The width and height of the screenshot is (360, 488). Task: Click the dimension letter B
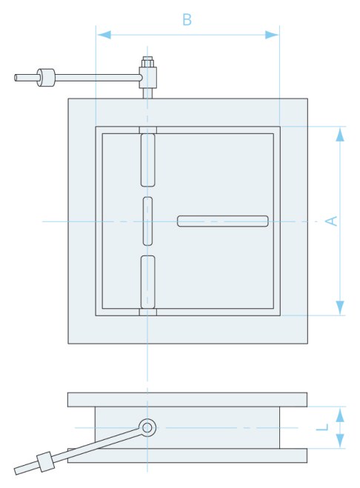(x=187, y=19)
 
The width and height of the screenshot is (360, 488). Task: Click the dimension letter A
(x=331, y=221)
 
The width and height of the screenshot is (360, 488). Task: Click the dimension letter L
(x=322, y=427)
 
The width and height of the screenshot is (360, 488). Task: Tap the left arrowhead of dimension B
(x=104, y=35)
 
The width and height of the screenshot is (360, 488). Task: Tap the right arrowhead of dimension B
(x=272, y=35)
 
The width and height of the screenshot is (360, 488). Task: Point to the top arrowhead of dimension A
(x=340, y=134)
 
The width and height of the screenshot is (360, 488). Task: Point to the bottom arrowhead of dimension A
(x=340, y=307)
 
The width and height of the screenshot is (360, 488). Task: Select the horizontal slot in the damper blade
(x=223, y=221)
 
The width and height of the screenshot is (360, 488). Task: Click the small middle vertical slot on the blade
(x=148, y=221)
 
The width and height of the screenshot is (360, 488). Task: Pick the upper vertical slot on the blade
(x=148, y=160)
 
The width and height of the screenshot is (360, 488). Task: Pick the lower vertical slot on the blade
(x=148, y=282)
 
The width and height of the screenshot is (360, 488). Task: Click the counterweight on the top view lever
(x=46, y=78)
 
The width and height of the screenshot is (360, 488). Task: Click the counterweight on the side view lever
(x=45, y=462)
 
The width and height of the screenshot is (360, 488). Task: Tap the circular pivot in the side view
(x=147, y=427)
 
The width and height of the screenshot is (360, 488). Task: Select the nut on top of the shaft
(x=147, y=61)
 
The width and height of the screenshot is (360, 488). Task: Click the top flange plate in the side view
(x=187, y=400)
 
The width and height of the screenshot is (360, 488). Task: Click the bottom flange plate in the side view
(x=187, y=455)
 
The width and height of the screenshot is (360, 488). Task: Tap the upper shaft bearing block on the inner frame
(x=148, y=130)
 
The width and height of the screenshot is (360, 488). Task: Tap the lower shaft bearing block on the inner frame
(x=148, y=312)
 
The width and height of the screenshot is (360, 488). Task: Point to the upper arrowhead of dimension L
(x=340, y=415)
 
